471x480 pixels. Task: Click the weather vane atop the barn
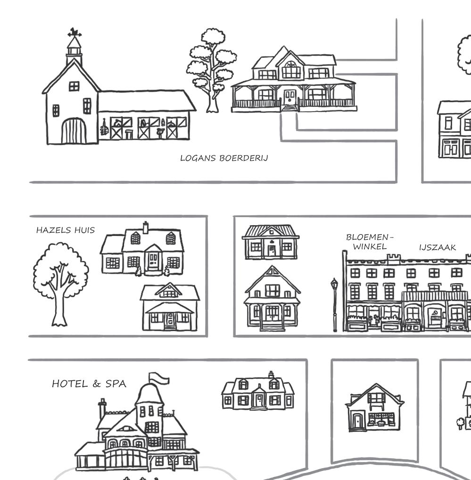[x=74, y=33]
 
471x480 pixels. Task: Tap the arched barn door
[x=74, y=131]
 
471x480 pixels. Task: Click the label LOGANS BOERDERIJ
[x=224, y=158]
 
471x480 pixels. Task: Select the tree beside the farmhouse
[x=212, y=71]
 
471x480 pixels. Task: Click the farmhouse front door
[x=289, y=98]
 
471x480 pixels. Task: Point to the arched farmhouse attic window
[x=291, y=70]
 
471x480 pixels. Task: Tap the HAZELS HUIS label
[x=65, y=230]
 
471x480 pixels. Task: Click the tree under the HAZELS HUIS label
[x=60, y=283]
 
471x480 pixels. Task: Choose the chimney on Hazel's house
[x=146, y=228]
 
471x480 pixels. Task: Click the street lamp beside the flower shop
[x=334, y=304]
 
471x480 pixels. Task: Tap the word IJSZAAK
[x=437, y=247]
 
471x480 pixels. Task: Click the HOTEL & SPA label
[x=89, y=384]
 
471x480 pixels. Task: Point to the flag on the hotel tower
[x=159, y=378]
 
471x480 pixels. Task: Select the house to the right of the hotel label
[x=258, y=393]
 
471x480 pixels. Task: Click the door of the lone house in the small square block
[x=357, y=421]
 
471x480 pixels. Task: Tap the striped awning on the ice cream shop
[x=434, y=296]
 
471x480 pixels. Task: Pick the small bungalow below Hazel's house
[x=170, y=307]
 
